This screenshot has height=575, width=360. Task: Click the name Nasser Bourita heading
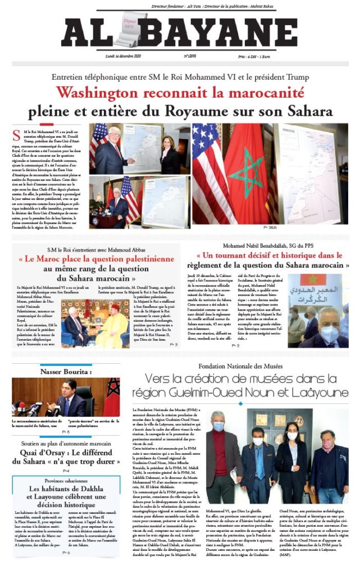(66, 372)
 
